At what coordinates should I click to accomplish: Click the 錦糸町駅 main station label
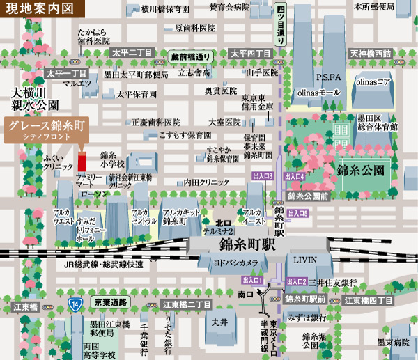248,245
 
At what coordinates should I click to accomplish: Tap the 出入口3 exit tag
262,176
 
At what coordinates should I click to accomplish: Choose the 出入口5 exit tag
298,213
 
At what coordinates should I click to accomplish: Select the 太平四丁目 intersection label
250,54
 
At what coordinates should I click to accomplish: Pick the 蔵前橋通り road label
191,56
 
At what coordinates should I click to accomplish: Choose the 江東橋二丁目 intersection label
187,304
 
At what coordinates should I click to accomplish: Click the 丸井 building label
219,322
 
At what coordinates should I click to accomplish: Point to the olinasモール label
319,92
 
